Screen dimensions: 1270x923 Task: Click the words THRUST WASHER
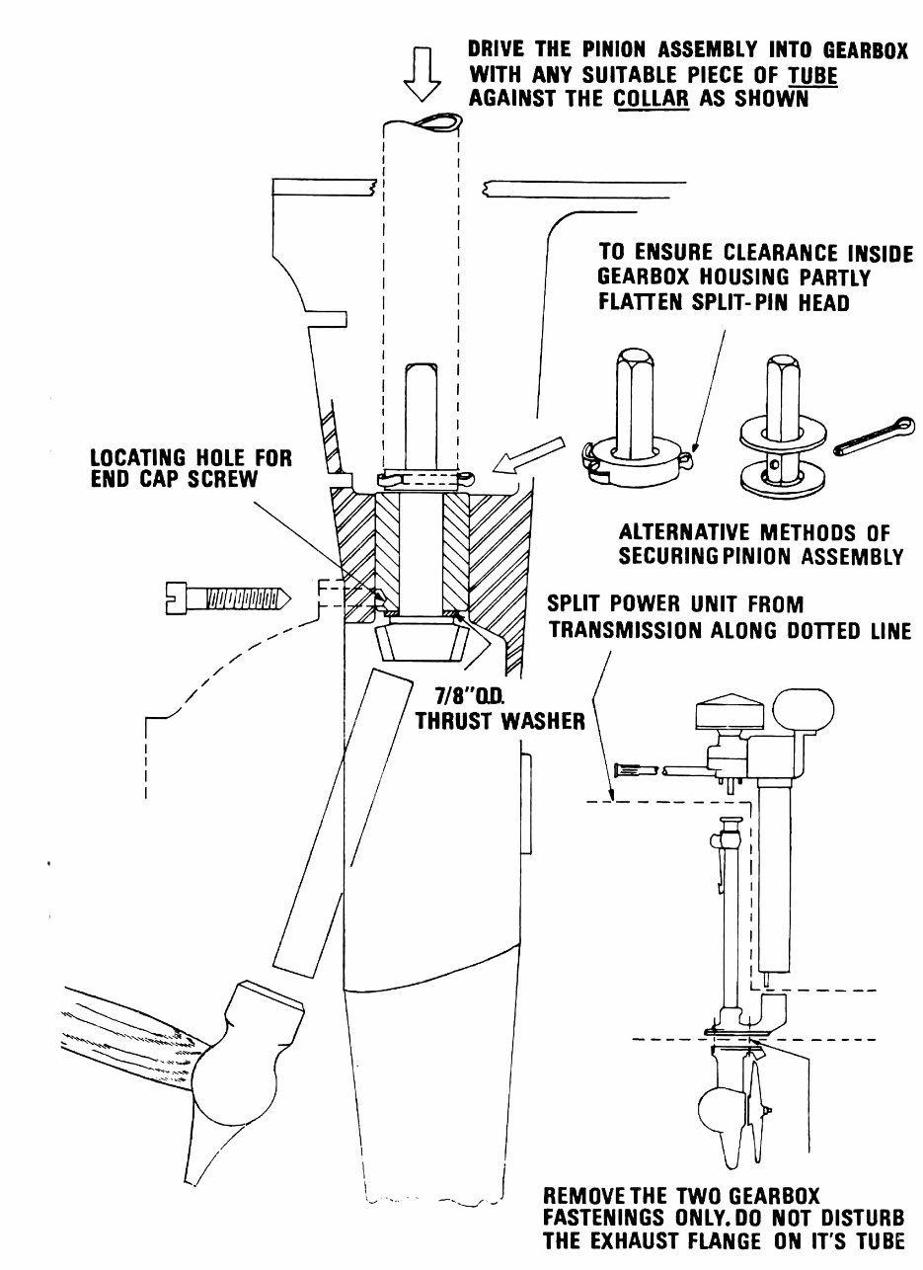point(500,720)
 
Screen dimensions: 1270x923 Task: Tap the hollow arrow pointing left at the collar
point(530,455)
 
